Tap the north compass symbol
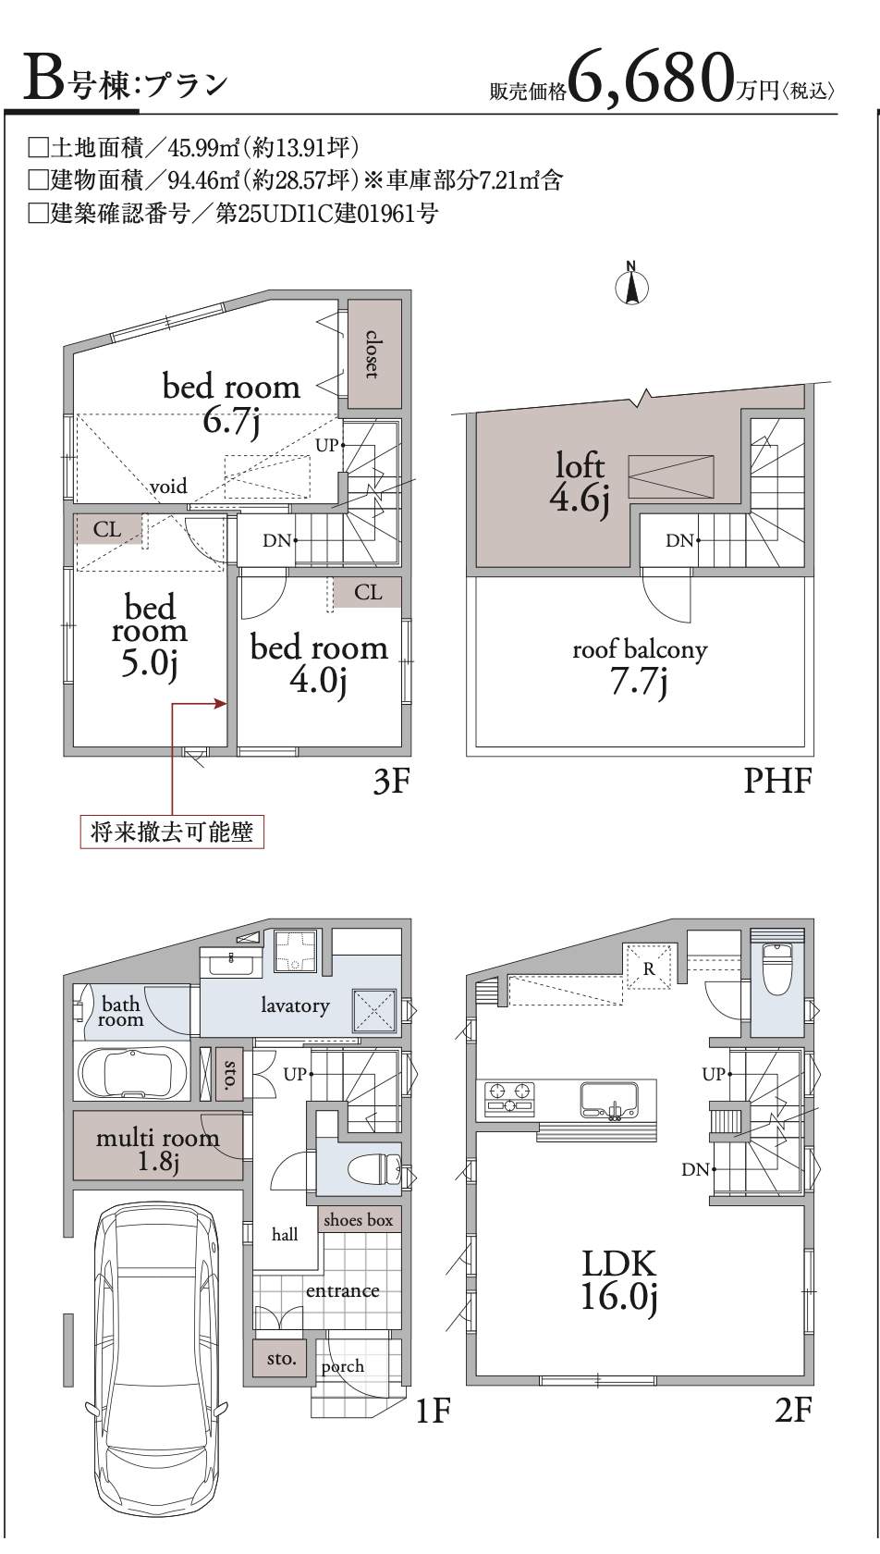point(631,284)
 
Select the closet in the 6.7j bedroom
point(373,353)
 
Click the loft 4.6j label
point(580,482)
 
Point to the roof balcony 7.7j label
point(640,666)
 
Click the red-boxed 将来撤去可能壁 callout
point(172,831)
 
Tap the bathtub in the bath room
point(131,1073)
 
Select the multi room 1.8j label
point(157,1149)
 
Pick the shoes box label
point(358,1219)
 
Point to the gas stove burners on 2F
point(509,1097)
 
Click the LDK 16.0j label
point(618,1280)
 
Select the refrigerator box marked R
point(649,967)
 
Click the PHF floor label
point(777,781)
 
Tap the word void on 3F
point(168,486)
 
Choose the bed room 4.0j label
point(319,662)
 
